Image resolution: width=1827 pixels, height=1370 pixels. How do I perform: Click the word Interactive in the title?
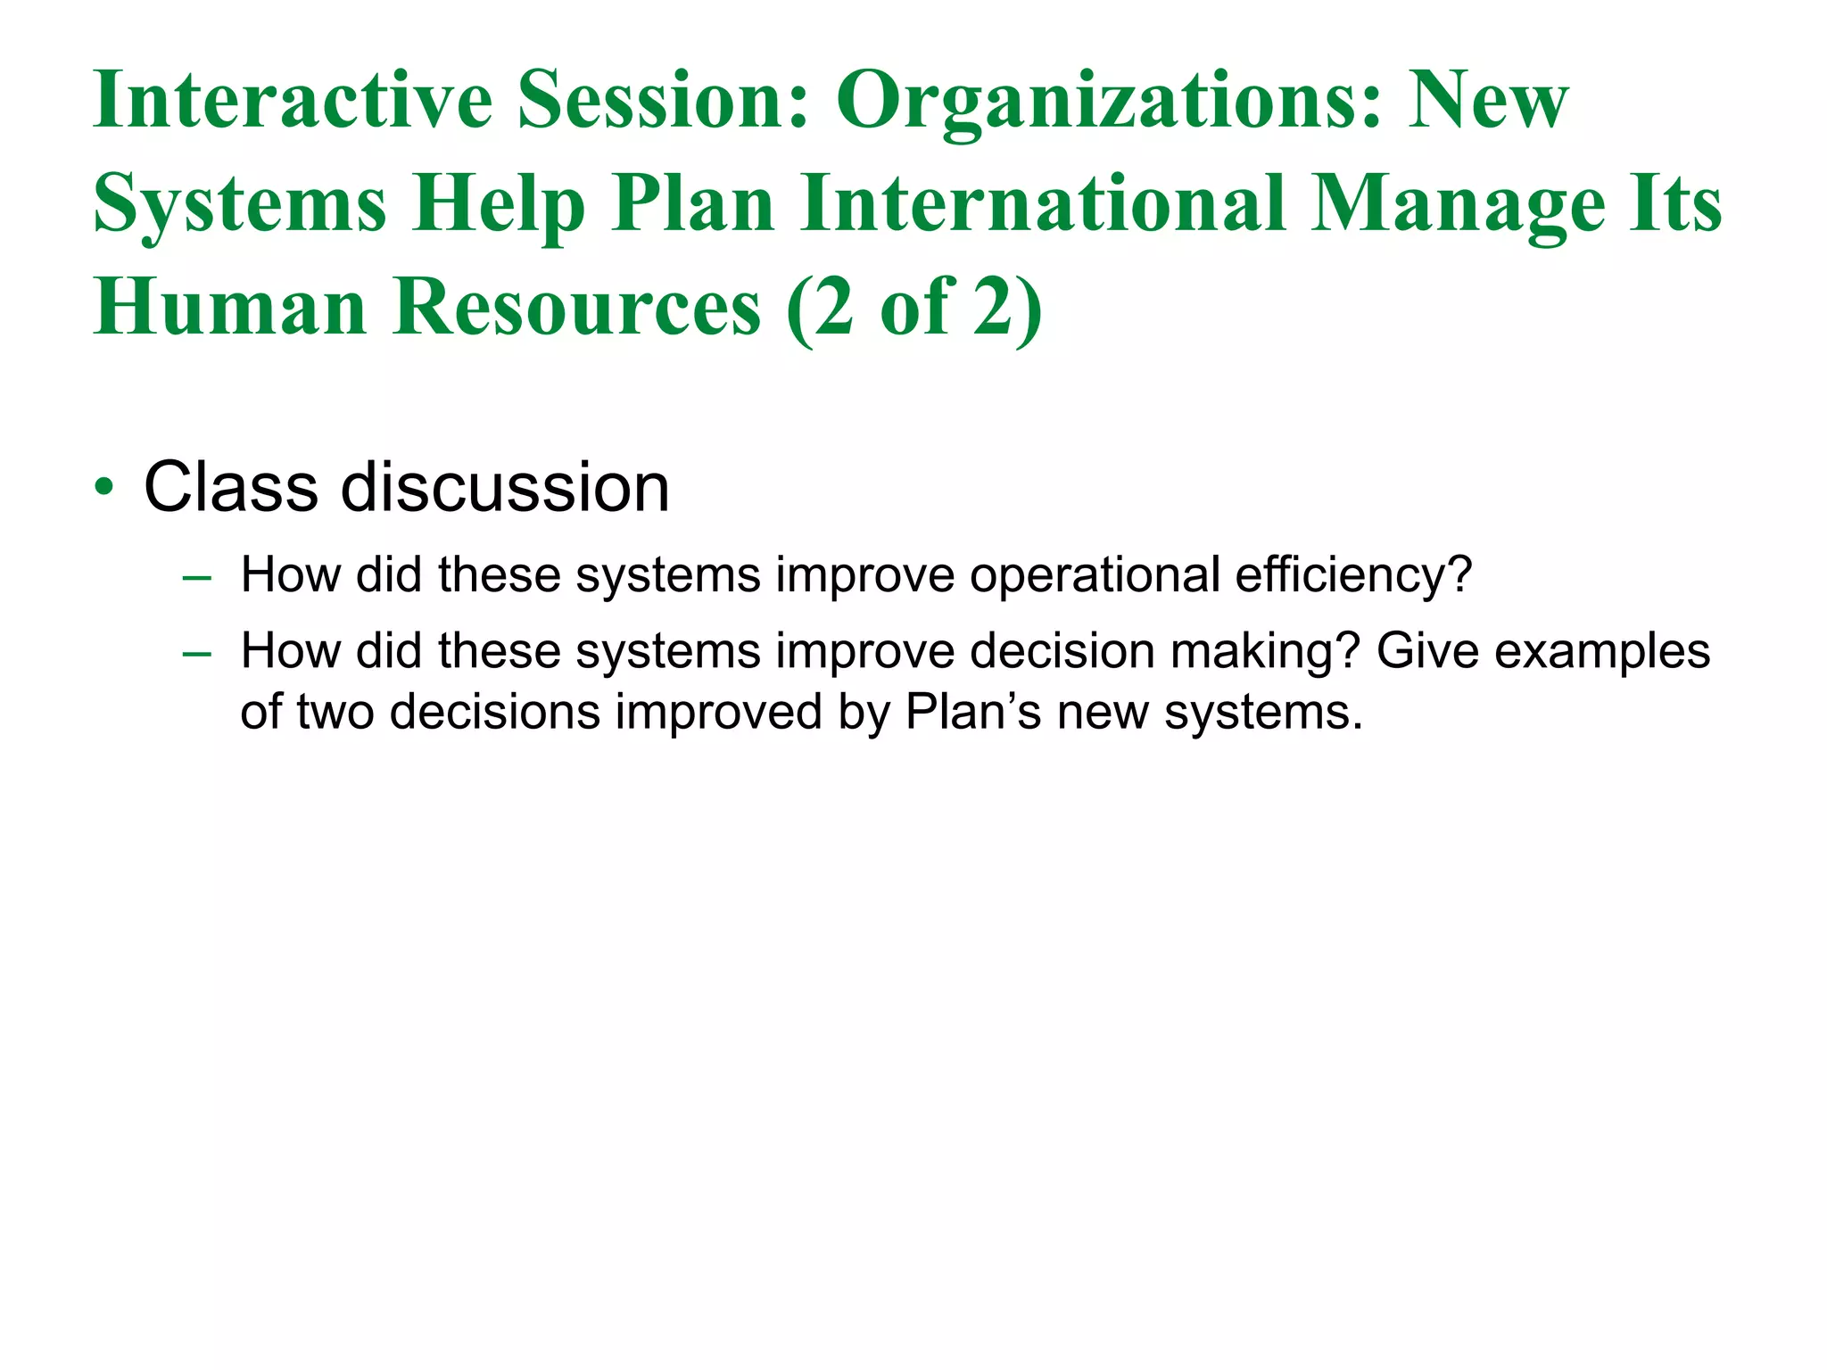[293, 100]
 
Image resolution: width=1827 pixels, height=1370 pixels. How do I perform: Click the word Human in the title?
[230, 307]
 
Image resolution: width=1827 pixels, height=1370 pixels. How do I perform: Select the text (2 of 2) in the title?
[914, 309]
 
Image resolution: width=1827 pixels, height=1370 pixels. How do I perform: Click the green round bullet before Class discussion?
[104, 489]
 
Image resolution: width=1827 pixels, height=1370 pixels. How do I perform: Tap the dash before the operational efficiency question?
[196, 577]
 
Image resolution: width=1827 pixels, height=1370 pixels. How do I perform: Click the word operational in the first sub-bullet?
[1095, 576]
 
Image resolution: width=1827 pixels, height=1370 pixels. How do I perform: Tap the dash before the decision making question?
[196, 654]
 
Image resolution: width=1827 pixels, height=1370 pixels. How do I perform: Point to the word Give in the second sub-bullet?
[1428, 651]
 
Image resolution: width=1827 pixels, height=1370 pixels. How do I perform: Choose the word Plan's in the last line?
[973, 712]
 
